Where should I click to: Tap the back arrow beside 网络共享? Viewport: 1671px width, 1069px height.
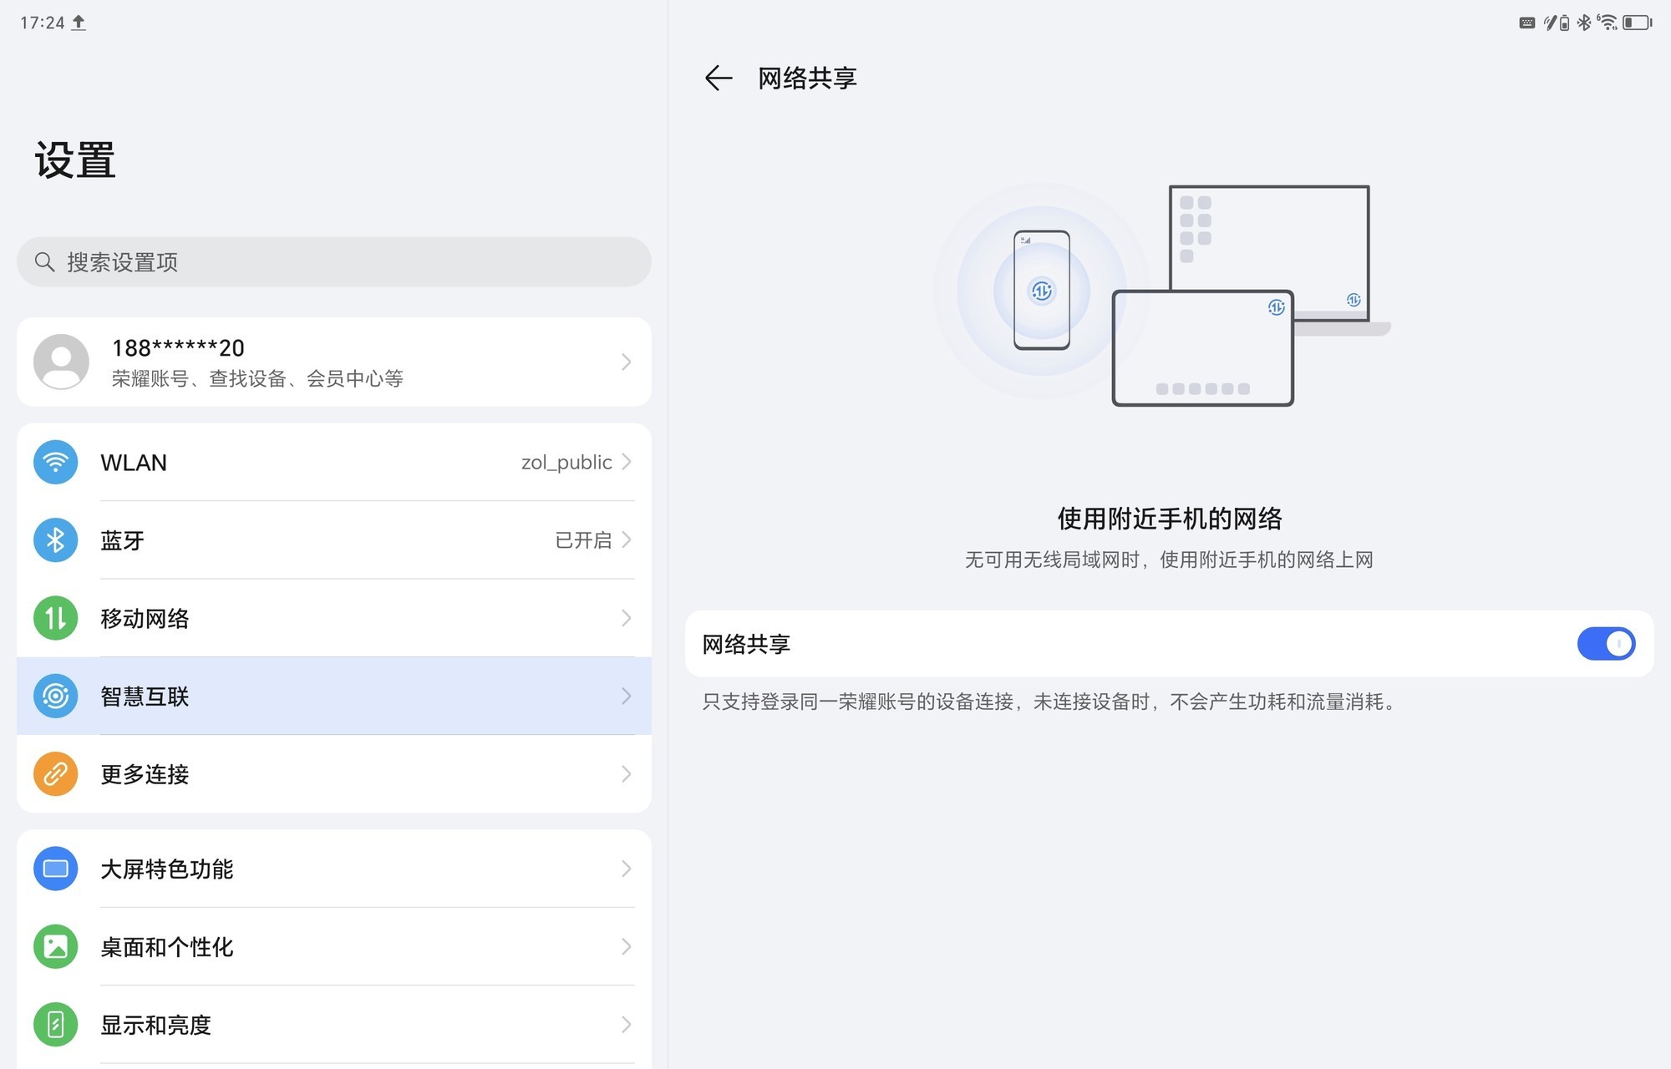pos(718,79)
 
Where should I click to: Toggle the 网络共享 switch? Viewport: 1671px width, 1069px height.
pos(1605,644)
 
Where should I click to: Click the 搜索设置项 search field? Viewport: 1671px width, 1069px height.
pos(334,262)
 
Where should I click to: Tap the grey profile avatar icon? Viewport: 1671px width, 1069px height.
pos(61,362)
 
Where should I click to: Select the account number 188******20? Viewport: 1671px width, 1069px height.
pos(178,348)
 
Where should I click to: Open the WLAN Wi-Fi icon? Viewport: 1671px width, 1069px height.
pos(56,462)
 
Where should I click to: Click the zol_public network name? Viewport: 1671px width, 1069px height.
pos(566,463)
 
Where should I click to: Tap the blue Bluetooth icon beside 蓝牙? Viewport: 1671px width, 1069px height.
pos(56,540)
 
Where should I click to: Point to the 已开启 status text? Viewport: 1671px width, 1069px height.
pos(583,540)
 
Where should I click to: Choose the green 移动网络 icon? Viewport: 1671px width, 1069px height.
pos(56,618)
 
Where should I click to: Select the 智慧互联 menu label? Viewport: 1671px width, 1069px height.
pos(145,697)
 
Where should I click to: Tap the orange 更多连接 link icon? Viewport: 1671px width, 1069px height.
pos(56,774)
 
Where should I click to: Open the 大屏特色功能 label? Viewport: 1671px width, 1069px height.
pos(167,869)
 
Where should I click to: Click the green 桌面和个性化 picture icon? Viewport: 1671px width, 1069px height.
pos(56,946)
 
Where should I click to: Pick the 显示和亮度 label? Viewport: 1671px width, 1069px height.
pos(156,1025)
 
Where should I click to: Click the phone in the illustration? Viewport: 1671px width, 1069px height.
pos(1041,291)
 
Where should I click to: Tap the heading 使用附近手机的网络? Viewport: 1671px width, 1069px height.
pos(1169,519)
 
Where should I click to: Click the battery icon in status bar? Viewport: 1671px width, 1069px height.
pos(1637,23)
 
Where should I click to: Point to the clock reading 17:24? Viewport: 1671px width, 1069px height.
pos(42,23)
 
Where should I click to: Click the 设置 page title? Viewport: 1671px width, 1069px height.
pos(75,160)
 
